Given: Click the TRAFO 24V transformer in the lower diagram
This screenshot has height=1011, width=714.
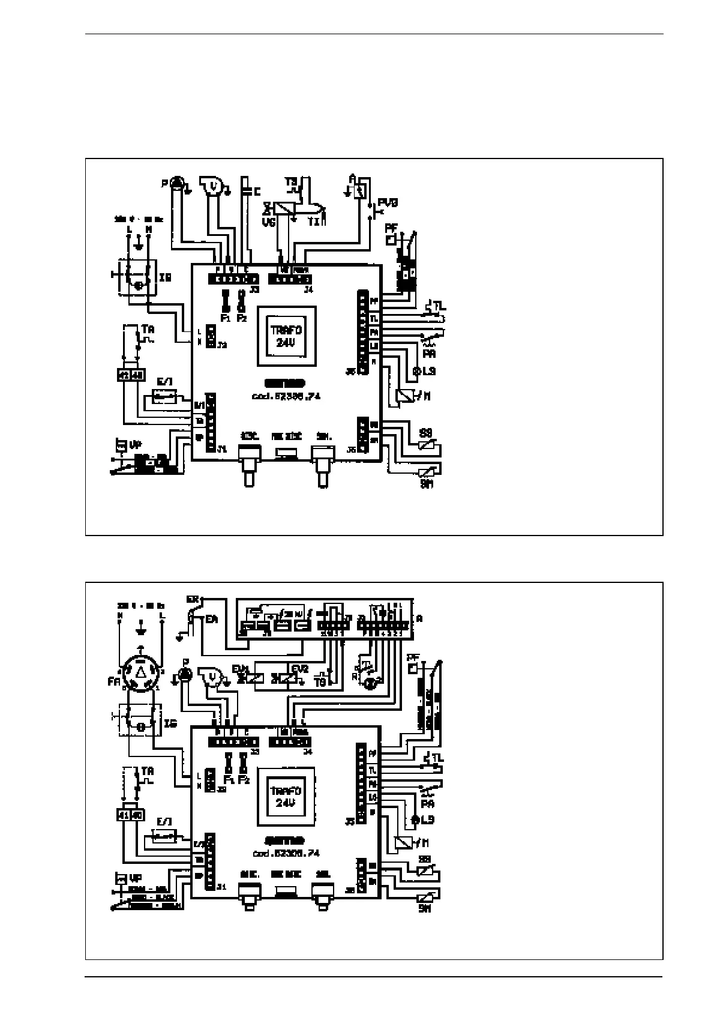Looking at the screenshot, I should point(286,796).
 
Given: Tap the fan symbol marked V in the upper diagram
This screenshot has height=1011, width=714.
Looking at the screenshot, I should point(211,187).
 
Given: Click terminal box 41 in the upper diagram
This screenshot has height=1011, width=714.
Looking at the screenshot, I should point(123,375).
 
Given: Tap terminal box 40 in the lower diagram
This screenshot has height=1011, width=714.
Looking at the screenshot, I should point(138,815).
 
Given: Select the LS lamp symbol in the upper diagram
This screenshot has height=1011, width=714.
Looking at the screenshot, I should point(416,371).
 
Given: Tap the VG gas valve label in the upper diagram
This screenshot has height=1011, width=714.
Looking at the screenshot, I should point(268,221).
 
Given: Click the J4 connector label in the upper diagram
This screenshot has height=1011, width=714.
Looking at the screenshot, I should point(308,290).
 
